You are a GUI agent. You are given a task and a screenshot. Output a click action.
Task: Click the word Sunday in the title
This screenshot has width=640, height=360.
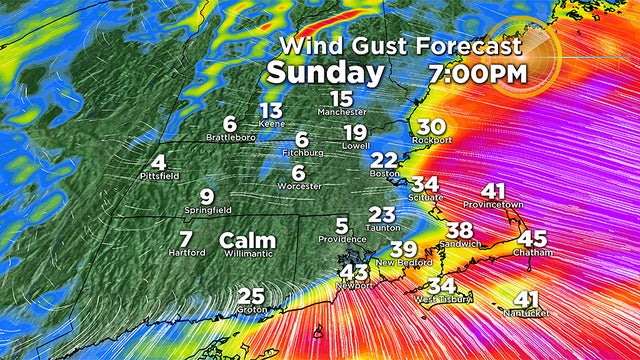(325, 73)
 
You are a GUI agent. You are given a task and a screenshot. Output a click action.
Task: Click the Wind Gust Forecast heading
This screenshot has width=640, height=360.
(399, 46)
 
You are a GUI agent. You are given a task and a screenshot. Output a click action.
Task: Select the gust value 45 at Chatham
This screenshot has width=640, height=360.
(533, 239)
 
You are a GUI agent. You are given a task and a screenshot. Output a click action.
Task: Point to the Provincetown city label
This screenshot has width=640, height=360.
(493, 205)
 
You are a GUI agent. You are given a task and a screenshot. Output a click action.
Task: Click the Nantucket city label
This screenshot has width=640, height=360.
(526, 312)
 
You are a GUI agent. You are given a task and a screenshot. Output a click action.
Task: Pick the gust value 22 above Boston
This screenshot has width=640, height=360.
(384, 160)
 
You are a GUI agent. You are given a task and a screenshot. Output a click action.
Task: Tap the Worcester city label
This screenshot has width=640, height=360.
(299, 186)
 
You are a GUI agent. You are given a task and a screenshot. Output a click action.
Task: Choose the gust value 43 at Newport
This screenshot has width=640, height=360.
(354, 271)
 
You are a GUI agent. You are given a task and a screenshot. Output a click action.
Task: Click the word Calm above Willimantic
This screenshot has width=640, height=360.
(247, 240)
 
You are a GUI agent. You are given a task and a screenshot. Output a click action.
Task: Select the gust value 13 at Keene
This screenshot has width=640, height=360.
(271, 110)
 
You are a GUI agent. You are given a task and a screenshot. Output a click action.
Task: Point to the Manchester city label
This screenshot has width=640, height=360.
(343, 113)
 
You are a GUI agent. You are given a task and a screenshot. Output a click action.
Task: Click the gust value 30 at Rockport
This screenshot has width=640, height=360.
(431, 126)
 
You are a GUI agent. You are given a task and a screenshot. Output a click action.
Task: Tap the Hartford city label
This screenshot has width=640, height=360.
(186, 252)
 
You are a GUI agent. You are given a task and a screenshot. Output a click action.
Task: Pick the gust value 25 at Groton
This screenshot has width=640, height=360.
(252, 296)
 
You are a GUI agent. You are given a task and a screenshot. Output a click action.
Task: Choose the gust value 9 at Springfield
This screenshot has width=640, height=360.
(206, 196)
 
